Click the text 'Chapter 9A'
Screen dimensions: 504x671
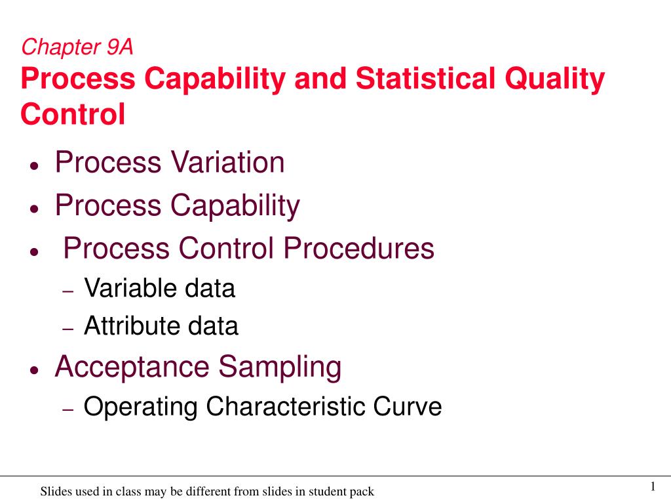(77, 47)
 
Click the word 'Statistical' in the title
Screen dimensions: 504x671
(420, 79)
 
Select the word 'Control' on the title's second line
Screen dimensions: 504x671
(73, 114)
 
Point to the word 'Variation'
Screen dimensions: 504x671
(227, 163)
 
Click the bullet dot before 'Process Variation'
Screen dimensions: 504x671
(34, 167)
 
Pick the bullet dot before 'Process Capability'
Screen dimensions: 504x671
(34, 209)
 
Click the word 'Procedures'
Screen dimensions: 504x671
(358, 249)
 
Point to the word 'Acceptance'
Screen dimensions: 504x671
(133, 367)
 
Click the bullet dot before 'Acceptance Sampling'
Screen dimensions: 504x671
(34, 371)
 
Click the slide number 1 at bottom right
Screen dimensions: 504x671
(653, 486)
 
